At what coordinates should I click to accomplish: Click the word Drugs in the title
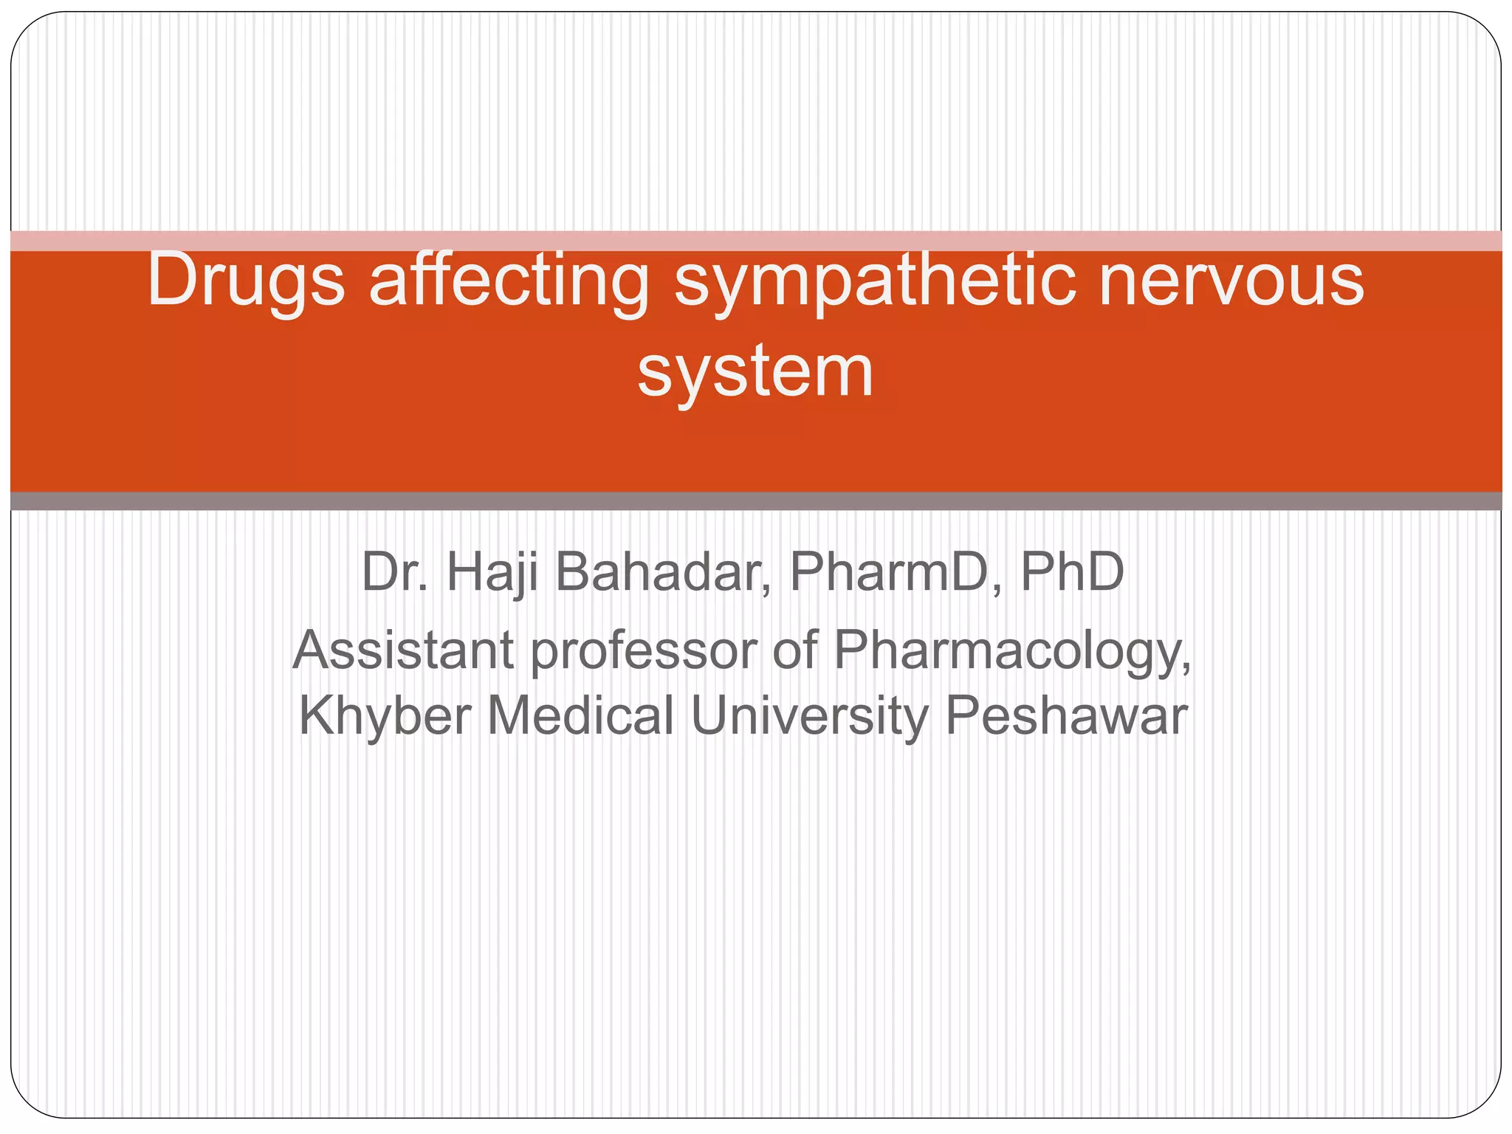(246, 281)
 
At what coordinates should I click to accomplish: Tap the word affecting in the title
(509, 281)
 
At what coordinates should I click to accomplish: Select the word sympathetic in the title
(874, 281)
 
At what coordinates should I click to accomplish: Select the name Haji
(491, 572)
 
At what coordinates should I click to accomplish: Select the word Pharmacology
(1011, 650)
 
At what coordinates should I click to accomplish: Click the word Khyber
(385, 715)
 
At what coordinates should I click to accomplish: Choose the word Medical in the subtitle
(580, 715)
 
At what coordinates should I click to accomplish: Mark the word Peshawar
(1066, 715)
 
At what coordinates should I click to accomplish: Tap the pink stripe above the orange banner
(756, 241)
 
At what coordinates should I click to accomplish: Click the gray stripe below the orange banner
(756, 501)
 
